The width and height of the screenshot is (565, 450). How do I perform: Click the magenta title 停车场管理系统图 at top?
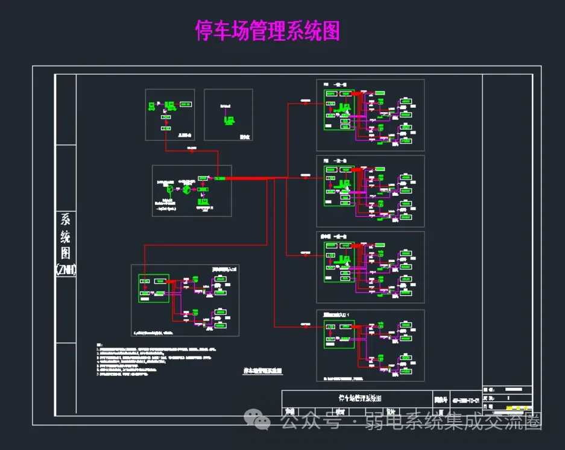[x=268, y=30]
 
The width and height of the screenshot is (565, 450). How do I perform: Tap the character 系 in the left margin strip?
[x=65, y=219]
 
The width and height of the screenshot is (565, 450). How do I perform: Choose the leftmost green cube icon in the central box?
[x=170, y=190]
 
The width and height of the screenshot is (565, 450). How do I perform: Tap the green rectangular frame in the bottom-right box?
[x=339, y=334]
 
